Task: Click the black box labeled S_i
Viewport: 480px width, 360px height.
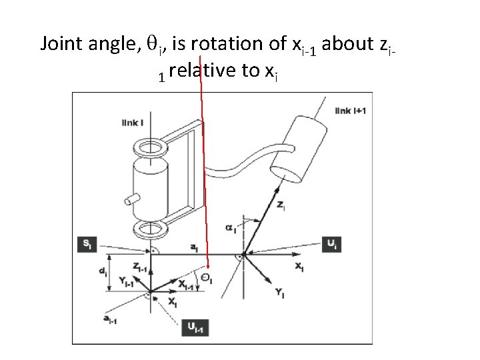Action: pyautogui.click(x=87, y=244)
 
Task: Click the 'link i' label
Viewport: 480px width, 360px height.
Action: pyautogui.click(x=130, y=122)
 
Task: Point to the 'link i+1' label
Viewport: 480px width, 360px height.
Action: pyautogui.click(x=350, y=110)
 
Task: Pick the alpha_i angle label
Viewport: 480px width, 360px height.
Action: pyautogui.click(x=231, y=228)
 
